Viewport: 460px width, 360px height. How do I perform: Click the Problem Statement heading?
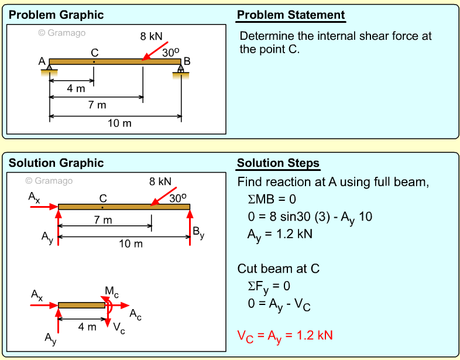click(291, 15)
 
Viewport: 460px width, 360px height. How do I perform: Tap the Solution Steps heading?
click(278, 163)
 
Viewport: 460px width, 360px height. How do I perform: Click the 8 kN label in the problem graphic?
click(151, 36)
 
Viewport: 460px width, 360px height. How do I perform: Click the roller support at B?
click(181, 70)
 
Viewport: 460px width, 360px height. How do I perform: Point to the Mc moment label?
click(112, 291)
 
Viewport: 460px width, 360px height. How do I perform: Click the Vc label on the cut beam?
click(118, 328)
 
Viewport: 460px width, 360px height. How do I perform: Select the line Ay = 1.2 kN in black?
click(280, 234)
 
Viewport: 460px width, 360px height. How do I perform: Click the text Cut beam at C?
click(278, 269)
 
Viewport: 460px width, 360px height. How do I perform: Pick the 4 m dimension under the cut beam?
click(87, 327)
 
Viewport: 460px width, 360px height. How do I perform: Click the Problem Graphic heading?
click(56, 15)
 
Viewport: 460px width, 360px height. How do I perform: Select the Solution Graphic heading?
click(56, 163)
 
